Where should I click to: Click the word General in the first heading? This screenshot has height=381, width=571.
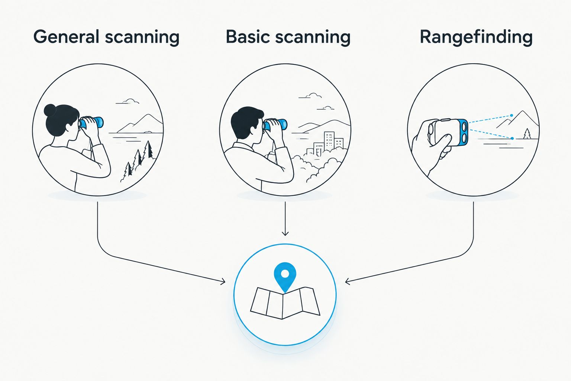pos(66,37)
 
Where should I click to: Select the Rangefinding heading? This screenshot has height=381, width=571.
pos(476,38)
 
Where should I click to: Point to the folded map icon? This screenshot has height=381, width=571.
pos(285,303)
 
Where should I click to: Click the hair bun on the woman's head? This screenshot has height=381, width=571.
pos(50,110)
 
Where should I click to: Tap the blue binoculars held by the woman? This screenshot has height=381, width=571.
pos(91,122)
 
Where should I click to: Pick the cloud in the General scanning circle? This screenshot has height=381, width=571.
pos(128,101)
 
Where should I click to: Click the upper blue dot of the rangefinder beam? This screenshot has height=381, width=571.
pos(512,116)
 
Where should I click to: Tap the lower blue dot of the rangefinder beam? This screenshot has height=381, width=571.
pos(512,138)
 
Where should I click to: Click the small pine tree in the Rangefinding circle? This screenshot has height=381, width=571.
pos(527,134)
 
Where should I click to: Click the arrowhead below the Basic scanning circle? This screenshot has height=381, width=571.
pos(285,233)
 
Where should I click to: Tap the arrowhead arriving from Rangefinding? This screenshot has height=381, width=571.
pos(348,282)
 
